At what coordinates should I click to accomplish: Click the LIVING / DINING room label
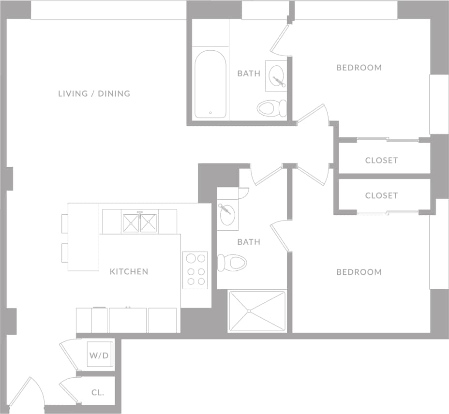[94, 93]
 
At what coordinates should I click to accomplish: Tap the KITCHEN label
[129, 272]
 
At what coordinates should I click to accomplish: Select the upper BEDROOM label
[359, 68]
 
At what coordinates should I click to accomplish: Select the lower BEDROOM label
[359, 272]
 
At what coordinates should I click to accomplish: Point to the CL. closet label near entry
[97, 393]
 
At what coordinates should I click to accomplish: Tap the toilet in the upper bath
[271, 108]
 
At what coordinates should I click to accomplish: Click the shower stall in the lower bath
[257, 311]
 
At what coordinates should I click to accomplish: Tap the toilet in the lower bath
[232, 263]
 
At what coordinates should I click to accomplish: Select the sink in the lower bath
[227, 214]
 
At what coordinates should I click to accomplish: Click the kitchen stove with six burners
[195, 270]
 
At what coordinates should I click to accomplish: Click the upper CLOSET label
[381, 161]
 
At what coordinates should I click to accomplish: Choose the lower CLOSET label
[381, 196]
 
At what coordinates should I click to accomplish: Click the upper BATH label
[249, 74]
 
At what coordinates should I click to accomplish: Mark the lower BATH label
[249, 242]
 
